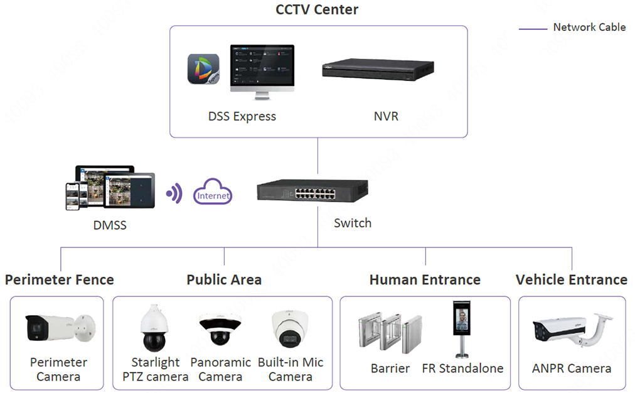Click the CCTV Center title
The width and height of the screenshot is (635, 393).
pyautogui.click(x=317, y=10)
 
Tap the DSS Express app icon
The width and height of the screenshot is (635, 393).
pyautogui.click(x=203, y=70)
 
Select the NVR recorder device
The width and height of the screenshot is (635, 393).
pyautogui.click(x=378, y=69)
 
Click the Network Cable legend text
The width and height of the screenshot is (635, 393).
pyautogui.click(x=589, y=28)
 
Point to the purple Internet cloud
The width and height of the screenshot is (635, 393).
pyautogui.click(x=213, y=195)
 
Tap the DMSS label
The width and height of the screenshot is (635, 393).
pyautogui.click(x=110, y=225)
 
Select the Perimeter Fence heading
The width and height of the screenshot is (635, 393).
pyautogui.click(x=60, y=280)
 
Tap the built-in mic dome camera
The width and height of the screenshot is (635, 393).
pyautogui.click(x=291, y=330)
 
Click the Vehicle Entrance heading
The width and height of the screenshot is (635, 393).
pyautogui.click(x=571, y=280)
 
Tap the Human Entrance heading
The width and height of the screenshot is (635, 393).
pyautogui.click(x=425, y=280)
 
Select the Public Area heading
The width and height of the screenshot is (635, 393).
pyautogui.click(x=224, y=280)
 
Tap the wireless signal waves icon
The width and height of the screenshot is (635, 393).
pyautogui.click(x=174, y=194)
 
